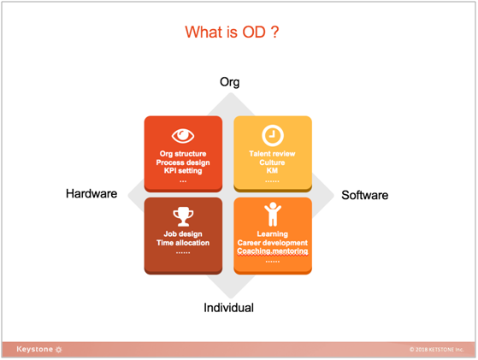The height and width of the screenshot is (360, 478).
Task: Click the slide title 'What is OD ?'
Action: (232, 32)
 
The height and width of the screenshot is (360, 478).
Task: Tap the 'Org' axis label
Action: (229, 82)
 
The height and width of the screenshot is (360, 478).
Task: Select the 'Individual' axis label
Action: (228, 308)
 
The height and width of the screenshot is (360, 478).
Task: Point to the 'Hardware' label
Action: (91, 193)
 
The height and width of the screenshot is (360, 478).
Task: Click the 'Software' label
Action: (364, 195)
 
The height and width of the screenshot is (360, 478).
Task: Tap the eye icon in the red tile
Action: (183, 135)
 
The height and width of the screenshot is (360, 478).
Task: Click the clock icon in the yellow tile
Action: (273, 135)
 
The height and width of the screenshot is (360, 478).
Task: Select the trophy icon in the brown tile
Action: (183, 216)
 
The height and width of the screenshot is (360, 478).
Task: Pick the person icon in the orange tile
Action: (273, 215)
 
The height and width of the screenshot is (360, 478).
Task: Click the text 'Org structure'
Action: (183, 154)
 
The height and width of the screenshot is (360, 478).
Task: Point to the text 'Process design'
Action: (183, 162)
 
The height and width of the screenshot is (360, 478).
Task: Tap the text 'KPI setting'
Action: (183, 171)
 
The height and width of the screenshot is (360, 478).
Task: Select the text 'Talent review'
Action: (272, 154)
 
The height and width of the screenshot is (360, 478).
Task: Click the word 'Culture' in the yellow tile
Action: (272, 162)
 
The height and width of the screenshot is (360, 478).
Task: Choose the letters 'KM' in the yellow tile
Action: (272, 170)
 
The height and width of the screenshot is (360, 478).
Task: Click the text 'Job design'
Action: (183, 233)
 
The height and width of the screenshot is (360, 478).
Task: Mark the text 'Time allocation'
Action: (183, 243)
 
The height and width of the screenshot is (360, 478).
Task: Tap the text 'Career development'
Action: (273, 243)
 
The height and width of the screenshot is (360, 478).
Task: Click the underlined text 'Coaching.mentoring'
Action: (273, 251)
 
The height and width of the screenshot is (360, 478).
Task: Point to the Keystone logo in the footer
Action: (39, 350)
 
